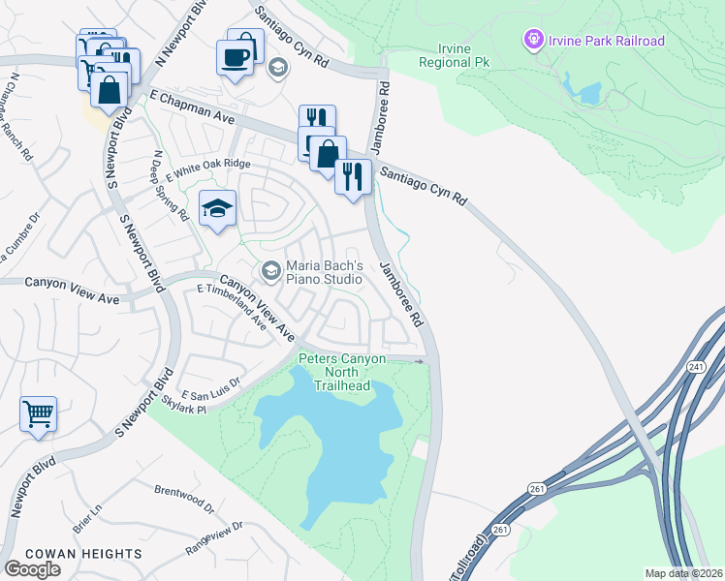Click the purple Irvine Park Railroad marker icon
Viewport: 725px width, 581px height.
(531, 41)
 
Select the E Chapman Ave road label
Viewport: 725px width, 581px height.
(192, 101)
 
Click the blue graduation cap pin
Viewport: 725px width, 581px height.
(217, 207)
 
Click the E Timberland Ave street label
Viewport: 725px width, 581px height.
(232, 306)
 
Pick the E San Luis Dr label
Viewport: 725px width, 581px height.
(209, 387)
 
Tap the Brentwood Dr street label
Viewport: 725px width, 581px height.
(183, 498)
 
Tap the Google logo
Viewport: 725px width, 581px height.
(32, 568)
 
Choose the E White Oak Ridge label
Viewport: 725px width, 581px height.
(207, 165)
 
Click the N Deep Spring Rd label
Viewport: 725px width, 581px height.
(171, 186)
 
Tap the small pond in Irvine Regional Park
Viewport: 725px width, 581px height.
(587, 93)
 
